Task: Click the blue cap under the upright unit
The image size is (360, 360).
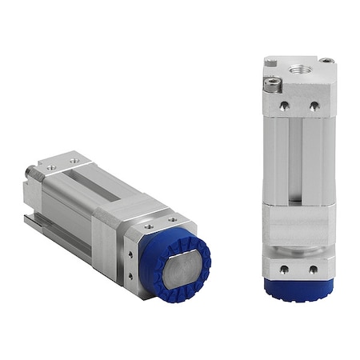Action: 298,289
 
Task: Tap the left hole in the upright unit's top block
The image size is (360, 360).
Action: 284,104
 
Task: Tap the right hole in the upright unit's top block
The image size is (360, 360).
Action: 314,104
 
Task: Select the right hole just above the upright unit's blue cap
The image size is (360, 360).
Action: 312,269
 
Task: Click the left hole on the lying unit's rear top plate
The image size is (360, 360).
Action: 50,167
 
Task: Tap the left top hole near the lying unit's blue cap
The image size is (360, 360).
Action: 149,226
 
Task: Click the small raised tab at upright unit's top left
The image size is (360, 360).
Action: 270,62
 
